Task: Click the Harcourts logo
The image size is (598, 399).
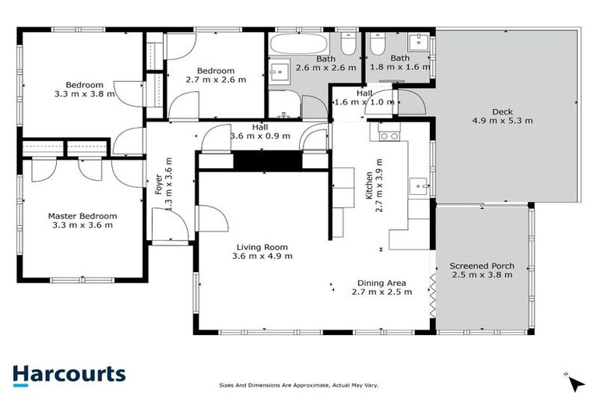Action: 69,374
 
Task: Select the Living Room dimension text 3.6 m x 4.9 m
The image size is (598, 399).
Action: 262,256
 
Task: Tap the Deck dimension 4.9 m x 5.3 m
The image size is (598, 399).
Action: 491,121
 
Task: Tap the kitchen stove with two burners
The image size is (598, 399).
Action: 389,136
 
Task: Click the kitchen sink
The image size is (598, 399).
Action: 420,186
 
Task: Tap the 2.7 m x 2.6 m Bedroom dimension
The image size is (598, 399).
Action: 216,79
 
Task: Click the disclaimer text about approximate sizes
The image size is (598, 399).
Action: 299,386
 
